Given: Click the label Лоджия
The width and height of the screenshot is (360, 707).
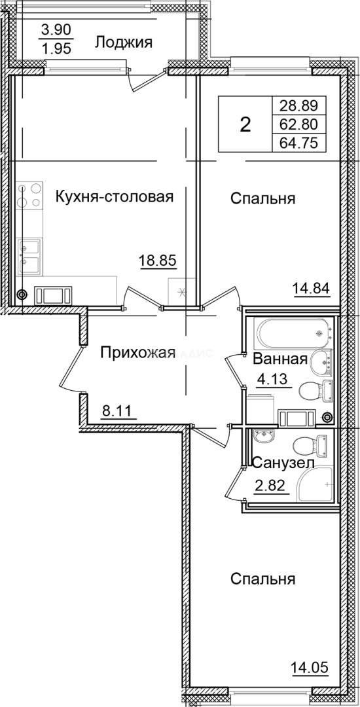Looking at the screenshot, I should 124,43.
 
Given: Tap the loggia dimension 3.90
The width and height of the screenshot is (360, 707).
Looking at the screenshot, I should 56,30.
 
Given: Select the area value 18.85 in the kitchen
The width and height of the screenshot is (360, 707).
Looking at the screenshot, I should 158,261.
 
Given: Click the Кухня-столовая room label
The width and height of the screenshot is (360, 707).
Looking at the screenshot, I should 115,196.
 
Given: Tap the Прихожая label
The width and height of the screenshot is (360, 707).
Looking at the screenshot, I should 137,353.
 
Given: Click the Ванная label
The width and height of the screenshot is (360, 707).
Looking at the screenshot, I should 279,359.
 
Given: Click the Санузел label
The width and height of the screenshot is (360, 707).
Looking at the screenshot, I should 283,463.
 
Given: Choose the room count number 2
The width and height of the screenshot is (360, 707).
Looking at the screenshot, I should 245,124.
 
